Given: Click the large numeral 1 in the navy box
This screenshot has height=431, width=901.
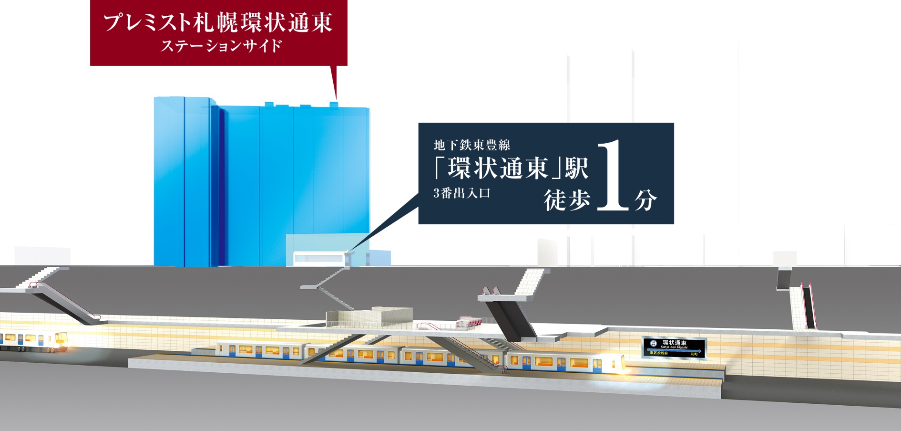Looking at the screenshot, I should pyautogui.click(x=613, y=176).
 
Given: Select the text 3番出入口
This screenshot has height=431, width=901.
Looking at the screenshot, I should pyautogui.click(x=461, y=193).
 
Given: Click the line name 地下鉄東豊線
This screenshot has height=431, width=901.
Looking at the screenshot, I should pyautogui.click(x=472, y=145).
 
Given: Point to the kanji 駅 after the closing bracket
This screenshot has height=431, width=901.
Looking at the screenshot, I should pyautogui.click(x=577, y=168).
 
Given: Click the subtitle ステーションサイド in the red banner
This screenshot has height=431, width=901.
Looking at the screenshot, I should pyautogui.click(x=221, y=46).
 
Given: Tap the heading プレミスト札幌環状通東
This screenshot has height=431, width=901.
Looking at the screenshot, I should pyautogui.click(x=218, y=23).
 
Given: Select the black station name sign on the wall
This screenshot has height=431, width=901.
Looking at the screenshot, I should pyautogui.click(x=674, y=347).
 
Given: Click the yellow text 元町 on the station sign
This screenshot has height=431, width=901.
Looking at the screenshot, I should pyautogui.click(x=694, y=354).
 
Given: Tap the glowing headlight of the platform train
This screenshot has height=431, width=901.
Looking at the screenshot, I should pyautogui.click(x=623, y=365).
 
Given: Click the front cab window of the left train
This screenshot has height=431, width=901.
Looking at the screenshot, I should pyautogui.click(x=61, y=338).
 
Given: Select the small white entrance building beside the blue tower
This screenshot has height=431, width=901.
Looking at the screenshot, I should pyautogui.click(x=318, y=258).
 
